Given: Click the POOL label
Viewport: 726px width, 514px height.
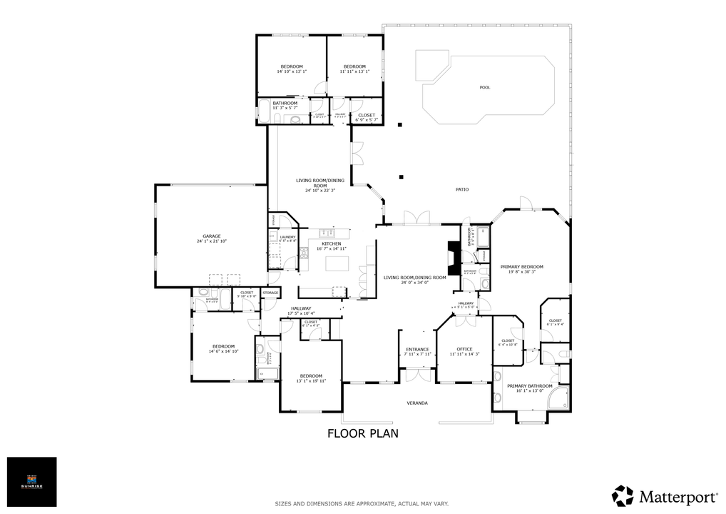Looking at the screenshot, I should coord(485,88).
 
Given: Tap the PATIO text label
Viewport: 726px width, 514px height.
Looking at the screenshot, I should coord(461,189).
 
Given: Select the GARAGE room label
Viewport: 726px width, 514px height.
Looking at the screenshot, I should coord(211,236).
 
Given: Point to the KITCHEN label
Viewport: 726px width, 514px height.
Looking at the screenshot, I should coord(331,243).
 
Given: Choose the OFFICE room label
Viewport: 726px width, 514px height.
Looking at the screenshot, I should coord(465,349).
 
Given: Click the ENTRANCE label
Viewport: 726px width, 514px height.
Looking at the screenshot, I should coord(417,349).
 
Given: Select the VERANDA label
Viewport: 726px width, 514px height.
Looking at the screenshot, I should coord(417,403).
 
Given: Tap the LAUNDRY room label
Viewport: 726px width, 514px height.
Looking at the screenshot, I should coord(287,237).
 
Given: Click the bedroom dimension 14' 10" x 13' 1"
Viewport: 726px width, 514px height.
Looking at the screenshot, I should coord(291,71).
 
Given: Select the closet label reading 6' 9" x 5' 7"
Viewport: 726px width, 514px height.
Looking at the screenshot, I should coord(367,120).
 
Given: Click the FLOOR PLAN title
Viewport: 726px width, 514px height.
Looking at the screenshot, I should coord(362,433).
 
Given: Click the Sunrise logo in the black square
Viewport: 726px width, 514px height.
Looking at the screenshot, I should coord(31,482).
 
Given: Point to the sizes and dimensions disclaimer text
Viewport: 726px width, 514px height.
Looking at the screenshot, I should coord(362,503).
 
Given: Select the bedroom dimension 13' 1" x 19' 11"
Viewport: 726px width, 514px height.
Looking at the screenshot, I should coord(311,381).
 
